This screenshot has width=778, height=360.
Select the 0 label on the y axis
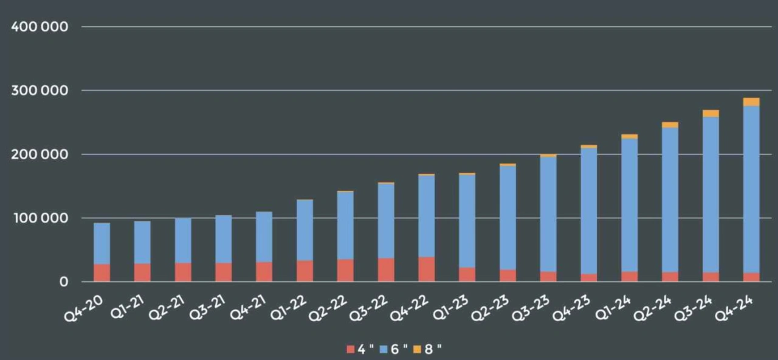tap(63, 282)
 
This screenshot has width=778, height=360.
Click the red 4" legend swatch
tap(350, 350)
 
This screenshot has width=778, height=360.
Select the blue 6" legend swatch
tap(383, 350)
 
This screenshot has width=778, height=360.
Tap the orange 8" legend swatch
tap(417, 350)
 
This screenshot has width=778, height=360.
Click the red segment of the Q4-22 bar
tap(427, 269)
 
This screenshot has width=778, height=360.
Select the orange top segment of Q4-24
tap(751, 102)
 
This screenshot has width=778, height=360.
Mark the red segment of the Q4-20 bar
tap(102, 272)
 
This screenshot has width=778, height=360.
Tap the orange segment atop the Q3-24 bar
tap(711, 113)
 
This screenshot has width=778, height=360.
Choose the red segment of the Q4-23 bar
tap(589, 277)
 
